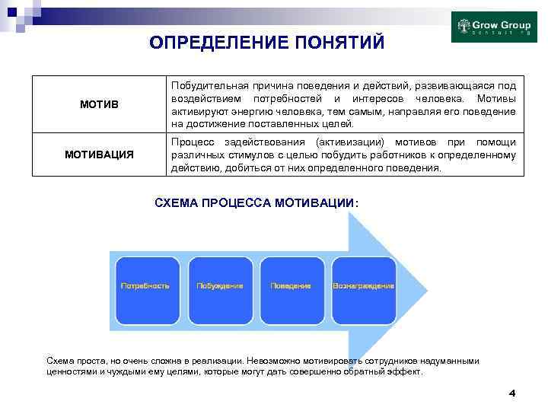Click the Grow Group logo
(x=494, y=27)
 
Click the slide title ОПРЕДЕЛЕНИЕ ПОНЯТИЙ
(x=266, y=42)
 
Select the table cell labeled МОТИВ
(x=98, y=104)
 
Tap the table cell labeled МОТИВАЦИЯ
(x=98, y=155)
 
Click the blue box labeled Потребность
(x=147, y=286)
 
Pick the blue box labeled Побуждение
(x=220, y=286)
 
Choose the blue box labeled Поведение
(x=291, y=286)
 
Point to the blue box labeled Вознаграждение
(x=363, y=286)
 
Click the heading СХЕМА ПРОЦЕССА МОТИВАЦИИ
(x=256, y=203)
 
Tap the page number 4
(x=511, y=393)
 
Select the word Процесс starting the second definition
(x=192, y=142)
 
